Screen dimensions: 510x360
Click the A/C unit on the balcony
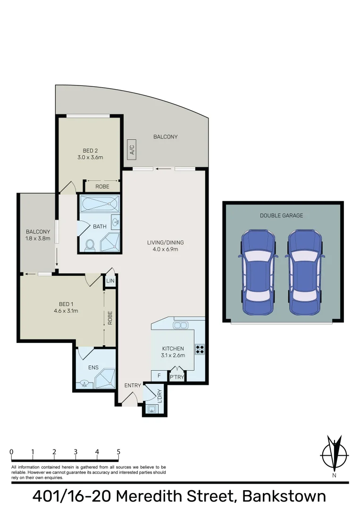(x=132, y=150)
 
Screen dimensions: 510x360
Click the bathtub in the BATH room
(x=100, y=204)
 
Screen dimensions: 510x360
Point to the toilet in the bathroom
(x=90, y=245)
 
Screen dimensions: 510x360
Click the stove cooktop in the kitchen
(x=200, y=350)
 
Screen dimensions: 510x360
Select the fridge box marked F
(x=159, y=376)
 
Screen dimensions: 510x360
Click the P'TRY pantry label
(x=176, y=377)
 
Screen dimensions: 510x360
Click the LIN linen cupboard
(x=110, y=281)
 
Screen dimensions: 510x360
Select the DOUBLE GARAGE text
(x=281, y=215)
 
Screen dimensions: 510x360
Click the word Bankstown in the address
(x=284, y=497)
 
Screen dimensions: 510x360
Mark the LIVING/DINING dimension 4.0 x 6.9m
(x=165, y=249)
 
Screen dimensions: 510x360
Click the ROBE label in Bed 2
(x=102, y=187)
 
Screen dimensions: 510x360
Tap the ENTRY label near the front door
(x=133, y=385)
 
